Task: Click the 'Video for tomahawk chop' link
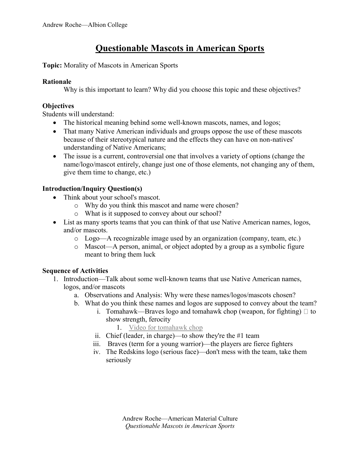(x=165, y=328)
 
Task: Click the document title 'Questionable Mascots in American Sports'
(x=180, y=49)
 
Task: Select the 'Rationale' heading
(x=57, y=82)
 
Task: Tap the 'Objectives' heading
(x=58, y=106)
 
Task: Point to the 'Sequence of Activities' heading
(x=75, y=271)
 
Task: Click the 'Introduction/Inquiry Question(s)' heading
(x=92, y=189)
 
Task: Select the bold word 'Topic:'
(x=52, y=65)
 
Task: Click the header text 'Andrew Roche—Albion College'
(x=85, y=25)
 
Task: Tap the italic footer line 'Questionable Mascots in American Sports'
(x=180, y=426)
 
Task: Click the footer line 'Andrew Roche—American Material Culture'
(x=180, y=419)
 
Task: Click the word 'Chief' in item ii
(x=114, y=336)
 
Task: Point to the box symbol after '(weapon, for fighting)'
(x=306, y=312)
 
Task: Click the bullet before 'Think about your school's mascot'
(x=55, y=198)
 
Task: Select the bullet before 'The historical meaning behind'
(x=55, y=123)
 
